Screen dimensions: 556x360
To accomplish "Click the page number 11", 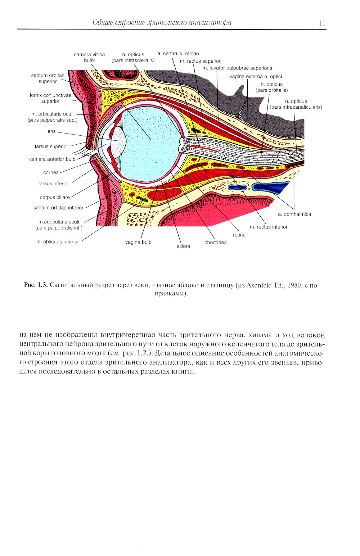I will (x=322, y=23).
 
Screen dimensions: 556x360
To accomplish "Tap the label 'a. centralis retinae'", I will (x=178, y=54).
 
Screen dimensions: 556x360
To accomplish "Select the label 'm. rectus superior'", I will (x=200, y=61).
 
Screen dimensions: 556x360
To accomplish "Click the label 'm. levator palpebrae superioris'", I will (x=237, y=68).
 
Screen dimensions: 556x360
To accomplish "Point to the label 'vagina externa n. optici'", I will (x=256, y=76).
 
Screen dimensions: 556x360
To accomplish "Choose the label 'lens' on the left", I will (x=51, y=131).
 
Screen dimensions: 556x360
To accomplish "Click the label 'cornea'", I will (x=51, y=172).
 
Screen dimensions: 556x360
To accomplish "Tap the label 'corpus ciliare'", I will (x=55, y=197).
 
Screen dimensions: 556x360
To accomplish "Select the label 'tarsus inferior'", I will (x=54, y=184).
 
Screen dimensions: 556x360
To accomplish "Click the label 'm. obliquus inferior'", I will (x=58, y=242).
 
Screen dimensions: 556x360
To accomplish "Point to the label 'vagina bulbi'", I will (x=139, y=242).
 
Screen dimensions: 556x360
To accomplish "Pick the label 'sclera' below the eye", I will (x=183, y=246).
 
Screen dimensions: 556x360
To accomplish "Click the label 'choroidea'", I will (x=216, y=243).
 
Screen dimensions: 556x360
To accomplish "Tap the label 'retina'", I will (x=239, y=235).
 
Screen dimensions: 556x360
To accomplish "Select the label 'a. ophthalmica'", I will (x=294, y=214).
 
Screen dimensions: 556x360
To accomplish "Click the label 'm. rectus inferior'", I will (x=269, y=227).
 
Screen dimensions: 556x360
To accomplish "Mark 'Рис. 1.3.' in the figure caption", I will (x=36, y=285).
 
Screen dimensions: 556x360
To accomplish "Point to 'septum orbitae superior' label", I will (x=48, y=78).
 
